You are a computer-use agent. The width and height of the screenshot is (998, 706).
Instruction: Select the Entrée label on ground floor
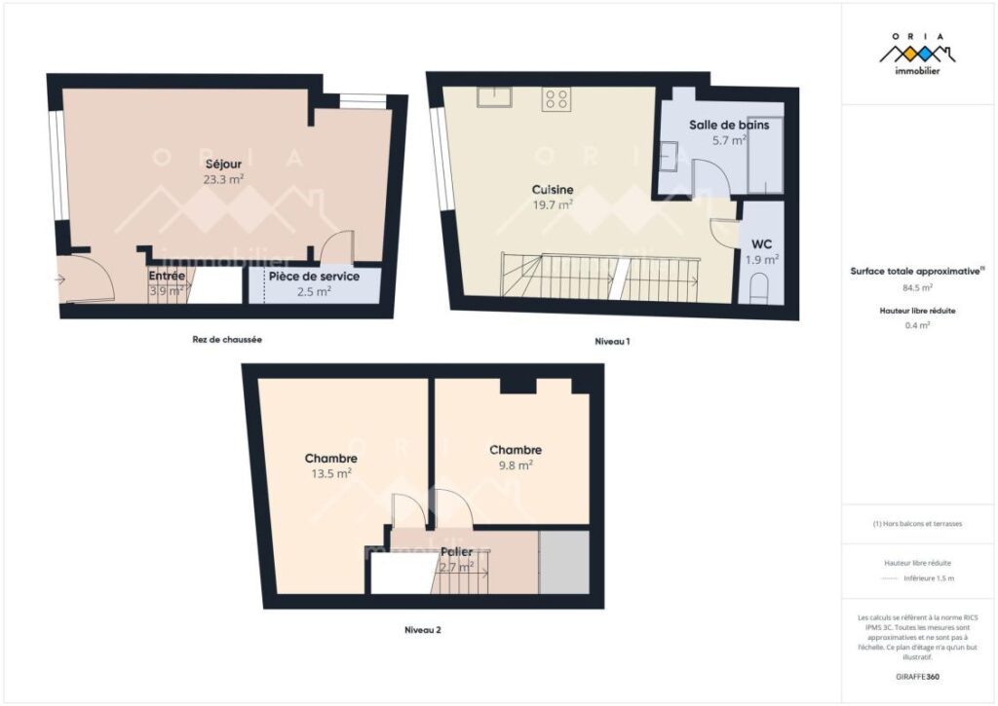click(167, 276)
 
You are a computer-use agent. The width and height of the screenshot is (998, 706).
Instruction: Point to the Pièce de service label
click(314, 276)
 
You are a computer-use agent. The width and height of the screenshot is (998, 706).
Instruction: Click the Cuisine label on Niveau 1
click(552, 189)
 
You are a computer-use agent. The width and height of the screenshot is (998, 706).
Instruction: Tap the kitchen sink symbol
click(496, 95)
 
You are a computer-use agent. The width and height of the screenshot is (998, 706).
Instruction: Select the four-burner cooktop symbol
click(557, 97)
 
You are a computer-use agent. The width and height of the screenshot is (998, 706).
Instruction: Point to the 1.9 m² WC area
click(762, 260)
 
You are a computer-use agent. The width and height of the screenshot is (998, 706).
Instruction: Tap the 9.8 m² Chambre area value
click(515, 465)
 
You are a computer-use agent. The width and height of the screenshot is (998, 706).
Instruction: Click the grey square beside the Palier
click(564, 563)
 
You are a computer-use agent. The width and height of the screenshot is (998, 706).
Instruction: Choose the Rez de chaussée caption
click(227, 340)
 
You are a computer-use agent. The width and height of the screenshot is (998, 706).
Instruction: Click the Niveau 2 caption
click(423, 630)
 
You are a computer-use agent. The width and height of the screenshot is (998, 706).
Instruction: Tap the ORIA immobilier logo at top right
click(918, 53)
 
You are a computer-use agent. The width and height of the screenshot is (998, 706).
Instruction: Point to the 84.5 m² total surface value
click(917, 288)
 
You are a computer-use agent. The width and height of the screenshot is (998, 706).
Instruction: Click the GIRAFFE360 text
click(917, 676)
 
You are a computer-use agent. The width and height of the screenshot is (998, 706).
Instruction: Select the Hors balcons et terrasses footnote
click(917, 524)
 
